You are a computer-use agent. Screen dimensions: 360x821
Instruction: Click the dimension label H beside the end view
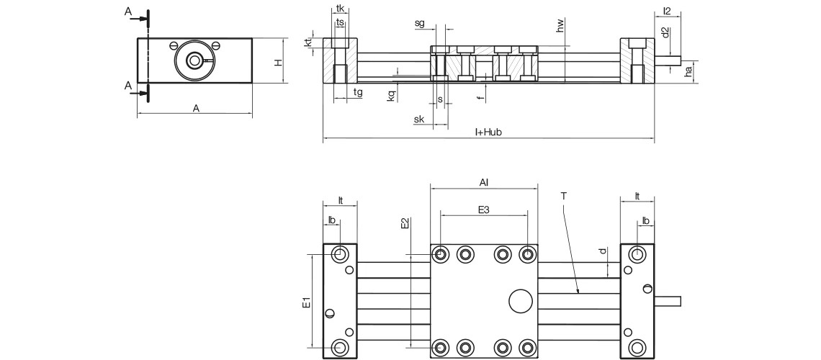pyautogui.click(x=277, y=62)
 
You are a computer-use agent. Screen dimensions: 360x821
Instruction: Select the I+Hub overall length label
pyautogui.click(x=488, y=132)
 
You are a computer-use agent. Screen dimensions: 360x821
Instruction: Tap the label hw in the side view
pyautogui.click(x=560, y=27)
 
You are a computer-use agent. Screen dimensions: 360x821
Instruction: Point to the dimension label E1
pyautogui.click(x=306, y=302)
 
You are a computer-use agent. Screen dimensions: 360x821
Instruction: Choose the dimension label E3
pyautogui.click(x=484, y=210)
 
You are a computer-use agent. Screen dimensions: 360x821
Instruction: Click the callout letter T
pyautogui.click(x=562, y=195)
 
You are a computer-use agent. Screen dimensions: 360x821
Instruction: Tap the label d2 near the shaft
pyautogui.click(x=665, y=33)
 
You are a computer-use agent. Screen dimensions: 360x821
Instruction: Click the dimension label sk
pyautogui.click(x=419, y=120)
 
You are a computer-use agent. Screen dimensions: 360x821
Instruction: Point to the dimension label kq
pyautogui.click(x=391, y=96)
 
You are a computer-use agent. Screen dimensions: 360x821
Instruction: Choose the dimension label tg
pyautogui.click(x=358, y=91)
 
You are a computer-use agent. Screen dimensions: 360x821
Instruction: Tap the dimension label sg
pyautogui.click(x=420, y=23)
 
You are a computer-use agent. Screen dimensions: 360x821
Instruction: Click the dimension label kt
pyautogui.click(x=308, y=42)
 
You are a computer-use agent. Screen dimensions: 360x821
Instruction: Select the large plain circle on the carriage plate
pyautogui.click(x=519, y=301)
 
